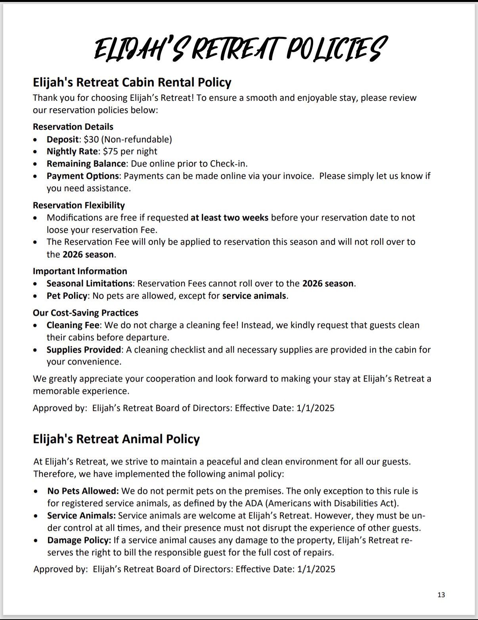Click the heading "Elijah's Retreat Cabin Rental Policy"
point(132,83)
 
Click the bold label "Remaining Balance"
point(86,163)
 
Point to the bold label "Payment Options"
point(82,176)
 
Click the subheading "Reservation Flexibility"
point(78,205)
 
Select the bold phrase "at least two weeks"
point(229,217)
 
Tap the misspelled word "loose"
point(58,230)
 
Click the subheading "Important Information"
point(80,271)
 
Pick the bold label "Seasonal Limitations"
point(89,283)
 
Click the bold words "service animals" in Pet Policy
point(254,296)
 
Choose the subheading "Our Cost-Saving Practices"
point(85,313)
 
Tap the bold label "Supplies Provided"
point(84,349)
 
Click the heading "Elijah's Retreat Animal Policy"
point(116,439)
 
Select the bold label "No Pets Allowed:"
point(83,491)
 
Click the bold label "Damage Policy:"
point(79,540)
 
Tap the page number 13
point(441,595)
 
